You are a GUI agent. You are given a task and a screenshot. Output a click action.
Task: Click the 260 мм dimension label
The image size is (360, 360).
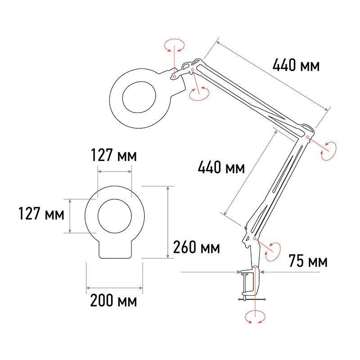click(196, 247)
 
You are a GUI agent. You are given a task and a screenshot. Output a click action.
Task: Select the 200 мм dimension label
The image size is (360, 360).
click(113, 301)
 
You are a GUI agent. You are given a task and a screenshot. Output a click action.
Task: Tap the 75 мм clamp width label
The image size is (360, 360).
click(308, 261)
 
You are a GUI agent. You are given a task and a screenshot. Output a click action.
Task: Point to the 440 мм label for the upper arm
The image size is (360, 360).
click(296, 65)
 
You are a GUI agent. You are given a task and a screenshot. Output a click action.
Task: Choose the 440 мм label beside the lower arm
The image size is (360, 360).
click(221, 167)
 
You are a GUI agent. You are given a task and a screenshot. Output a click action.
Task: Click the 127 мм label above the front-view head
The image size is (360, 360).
click(114, 155)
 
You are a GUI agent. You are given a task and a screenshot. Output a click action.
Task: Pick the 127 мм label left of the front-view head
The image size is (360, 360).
click(41, 213)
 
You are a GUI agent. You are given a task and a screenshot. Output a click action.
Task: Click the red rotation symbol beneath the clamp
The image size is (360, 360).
click(255, 317)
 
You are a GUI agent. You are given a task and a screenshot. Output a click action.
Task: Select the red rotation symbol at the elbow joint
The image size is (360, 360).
click(328, 151)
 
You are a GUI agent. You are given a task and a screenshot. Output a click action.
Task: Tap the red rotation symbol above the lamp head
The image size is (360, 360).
click(175, 45)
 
